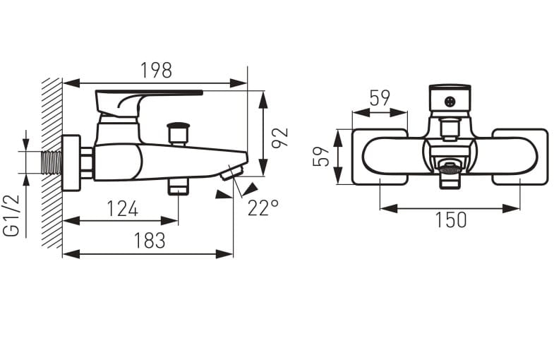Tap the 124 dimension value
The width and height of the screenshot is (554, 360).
pyautogui.click(x=122, y=208)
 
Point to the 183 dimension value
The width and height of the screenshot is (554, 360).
pyautogui.click(x=149, y=241)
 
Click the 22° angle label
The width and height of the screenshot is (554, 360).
pyautogui.click(x=263, y=207)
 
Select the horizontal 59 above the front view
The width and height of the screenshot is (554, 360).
pyautogui.click(x=380, y=98)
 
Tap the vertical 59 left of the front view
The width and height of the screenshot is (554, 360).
pyautogui.click(x=323, y=156)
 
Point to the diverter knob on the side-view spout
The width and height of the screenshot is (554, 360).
pyautogui.click(x=179, y=132)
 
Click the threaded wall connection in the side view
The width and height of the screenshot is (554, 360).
pyautogui.click(x=52, y=162)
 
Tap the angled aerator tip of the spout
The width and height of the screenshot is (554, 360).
pyautogui.click(x=232, y=172)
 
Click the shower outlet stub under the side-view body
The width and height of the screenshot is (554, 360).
pyautogui.click(x=179, y=187)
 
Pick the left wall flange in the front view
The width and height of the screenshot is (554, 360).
pyautogui.click(x=380, y=157)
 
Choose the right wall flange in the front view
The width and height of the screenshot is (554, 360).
pyautogui.click(x=519, y=157)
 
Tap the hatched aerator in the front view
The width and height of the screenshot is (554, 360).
pyautogui.click(x=450, y=168)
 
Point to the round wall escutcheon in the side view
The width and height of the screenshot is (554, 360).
pyautogui.click(x=71, y=162)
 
